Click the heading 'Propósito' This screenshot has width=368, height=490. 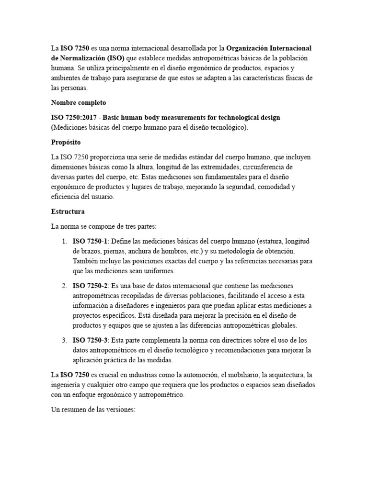coord(66,142)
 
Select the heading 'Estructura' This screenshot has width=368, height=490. coord(68,211)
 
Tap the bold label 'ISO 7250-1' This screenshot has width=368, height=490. coord(90,241)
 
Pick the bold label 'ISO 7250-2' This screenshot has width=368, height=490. coord(90,286)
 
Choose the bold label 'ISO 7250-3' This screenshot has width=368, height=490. coord(90,340)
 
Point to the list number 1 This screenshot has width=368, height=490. coord(64,241)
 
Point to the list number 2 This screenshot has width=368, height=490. coord(64,286)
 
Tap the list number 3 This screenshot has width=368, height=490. coord(64,340)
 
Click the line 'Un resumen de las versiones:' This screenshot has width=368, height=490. coord(94,410)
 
